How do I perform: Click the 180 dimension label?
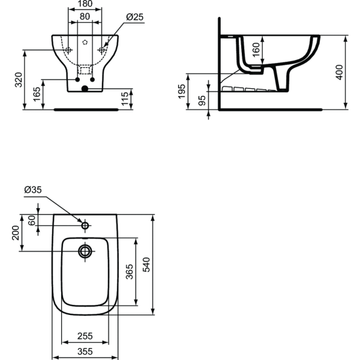[85, 4]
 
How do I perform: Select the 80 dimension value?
[85, 17]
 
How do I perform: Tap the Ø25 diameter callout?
[134, 17]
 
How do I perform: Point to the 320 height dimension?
[19, 79]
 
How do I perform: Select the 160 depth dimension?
[256, 50]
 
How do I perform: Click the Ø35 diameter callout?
[32, 190]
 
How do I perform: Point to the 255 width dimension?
[85, 336]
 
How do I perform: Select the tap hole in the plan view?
[85, 226]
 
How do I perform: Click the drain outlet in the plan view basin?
[85, 251]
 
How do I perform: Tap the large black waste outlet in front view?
[85, 89]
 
